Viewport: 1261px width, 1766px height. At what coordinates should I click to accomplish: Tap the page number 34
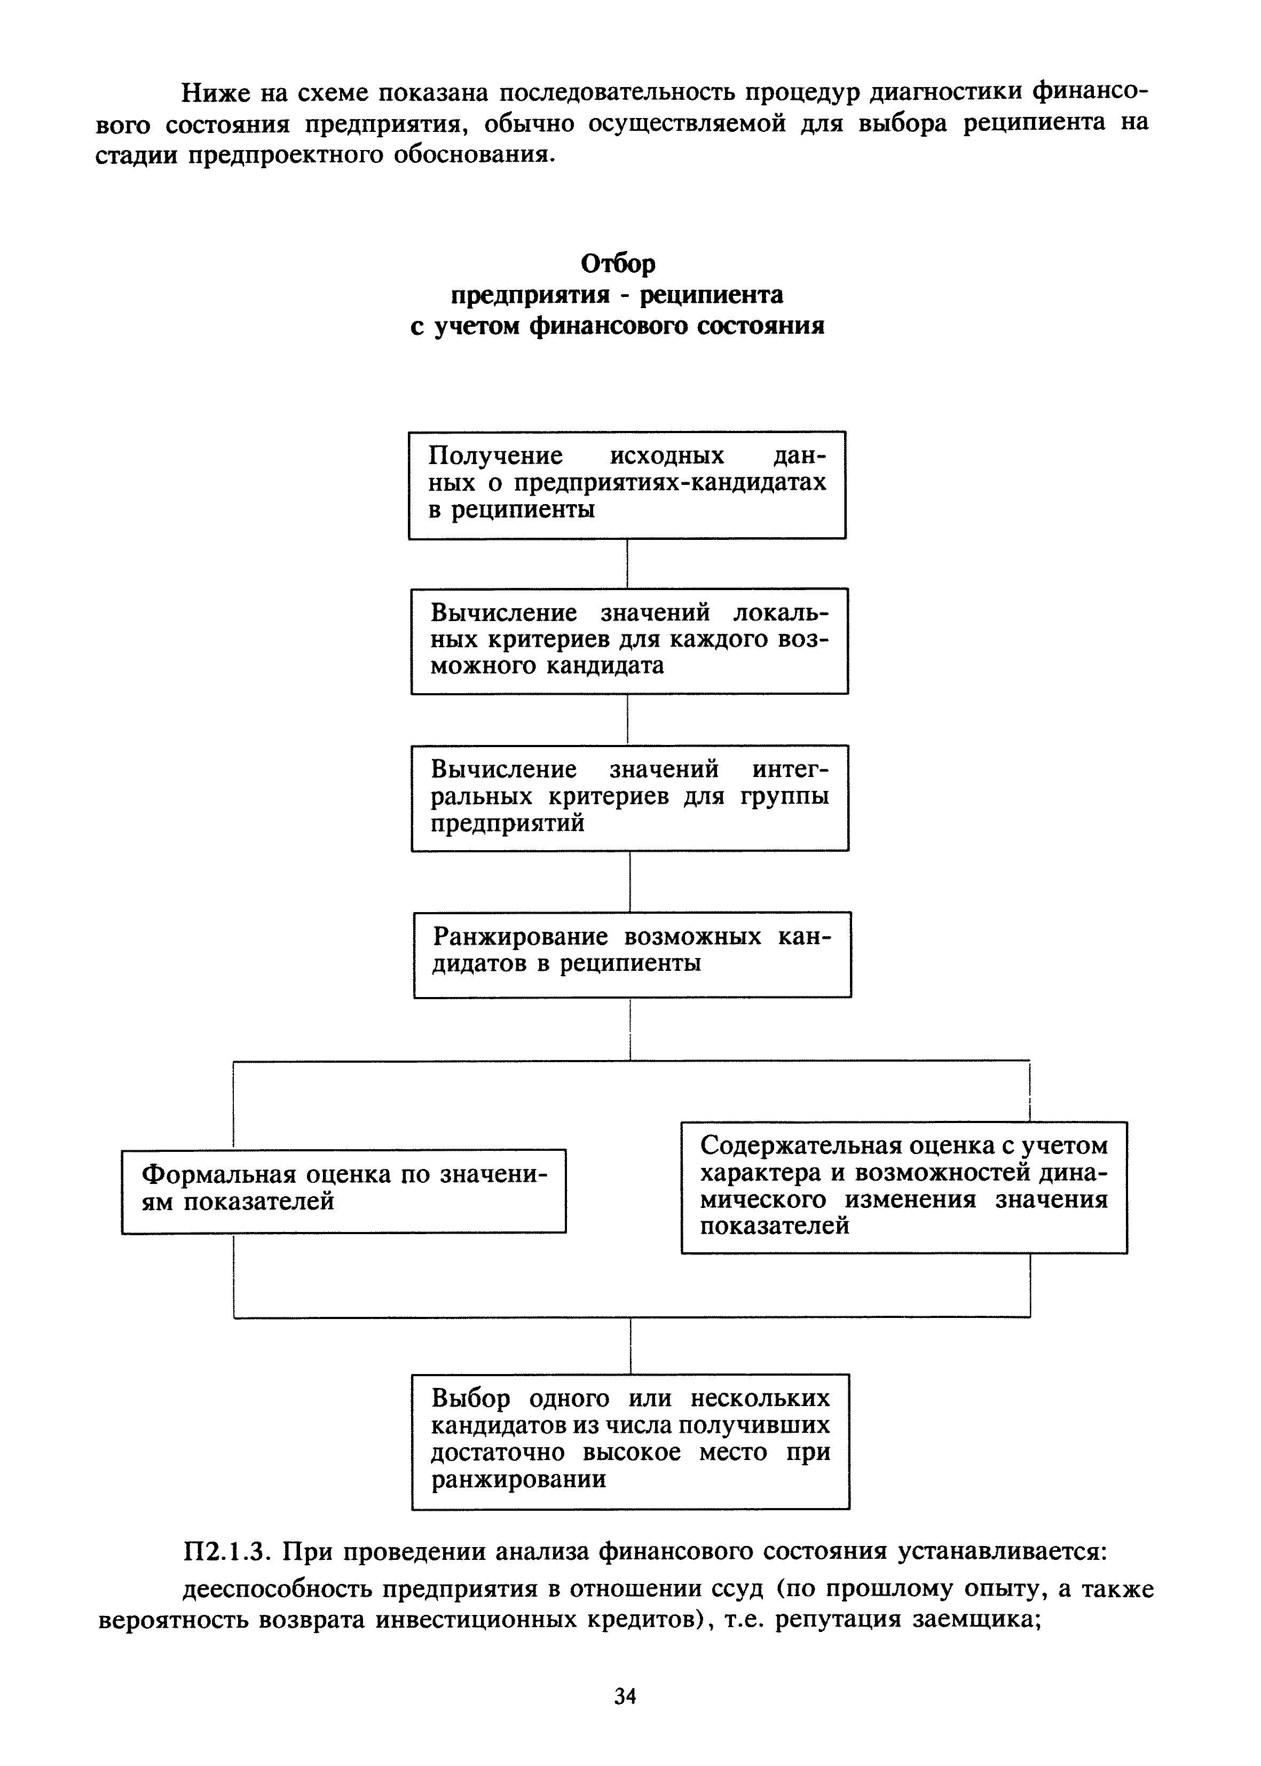(x=625, y=1697)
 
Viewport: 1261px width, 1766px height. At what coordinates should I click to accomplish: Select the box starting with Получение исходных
(x=627, y=484)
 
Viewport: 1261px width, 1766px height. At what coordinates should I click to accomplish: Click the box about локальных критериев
(x=629, y=641)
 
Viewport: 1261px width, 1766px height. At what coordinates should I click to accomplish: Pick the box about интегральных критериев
(x=629, y=798)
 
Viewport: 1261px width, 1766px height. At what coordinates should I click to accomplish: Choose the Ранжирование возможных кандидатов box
(x=632, y=954)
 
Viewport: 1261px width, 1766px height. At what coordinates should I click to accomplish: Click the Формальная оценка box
(x=343, y=1190)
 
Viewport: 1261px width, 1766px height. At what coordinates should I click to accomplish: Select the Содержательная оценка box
(x=904, y=1187)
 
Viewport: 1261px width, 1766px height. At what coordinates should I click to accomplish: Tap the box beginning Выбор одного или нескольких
(x=630, y=1441)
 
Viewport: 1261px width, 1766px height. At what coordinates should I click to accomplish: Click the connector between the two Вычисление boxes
(x=627, y=719)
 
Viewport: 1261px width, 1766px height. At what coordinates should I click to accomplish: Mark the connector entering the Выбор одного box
(x=630, y=1345)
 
